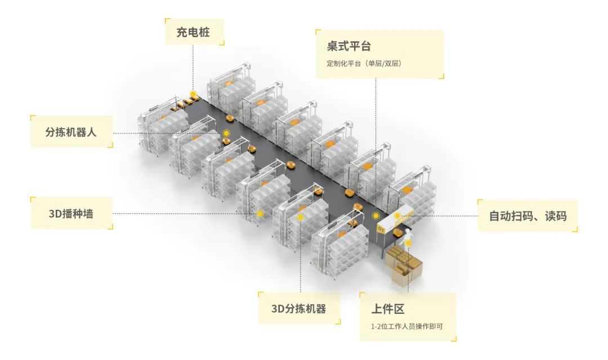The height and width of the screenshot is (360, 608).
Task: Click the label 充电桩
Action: click(x=193, y=32)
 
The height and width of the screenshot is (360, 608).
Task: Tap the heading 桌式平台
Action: click(x=349, y=46)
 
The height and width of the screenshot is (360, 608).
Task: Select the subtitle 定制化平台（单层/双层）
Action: click(x=364, y=63)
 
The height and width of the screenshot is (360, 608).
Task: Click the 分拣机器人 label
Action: click(x=71, y=133)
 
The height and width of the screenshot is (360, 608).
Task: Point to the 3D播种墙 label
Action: click(x=71, y=214)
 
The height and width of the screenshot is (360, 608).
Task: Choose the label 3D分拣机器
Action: click(x=298, y=308)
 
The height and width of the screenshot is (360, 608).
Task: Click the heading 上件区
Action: click(x=388, y=309)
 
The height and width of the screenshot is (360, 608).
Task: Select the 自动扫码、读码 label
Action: click(x=527, y=215)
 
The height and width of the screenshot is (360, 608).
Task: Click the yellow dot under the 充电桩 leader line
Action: click(x=193, y=94)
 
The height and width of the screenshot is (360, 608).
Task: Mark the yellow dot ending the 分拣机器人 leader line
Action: click(x=226, y=133)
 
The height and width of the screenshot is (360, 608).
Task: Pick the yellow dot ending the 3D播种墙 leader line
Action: click(x=260, y=214)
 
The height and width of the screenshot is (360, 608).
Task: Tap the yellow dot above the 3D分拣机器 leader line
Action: click(x=300, y=217)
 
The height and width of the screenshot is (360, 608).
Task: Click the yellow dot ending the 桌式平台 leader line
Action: click(x=376, y=215)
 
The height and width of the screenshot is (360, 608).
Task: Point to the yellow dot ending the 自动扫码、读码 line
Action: click(x=397, y=215)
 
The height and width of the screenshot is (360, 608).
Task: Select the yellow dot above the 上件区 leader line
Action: click(x=408, y=243)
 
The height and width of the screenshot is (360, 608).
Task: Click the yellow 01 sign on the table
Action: click(x=382, y=229)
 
